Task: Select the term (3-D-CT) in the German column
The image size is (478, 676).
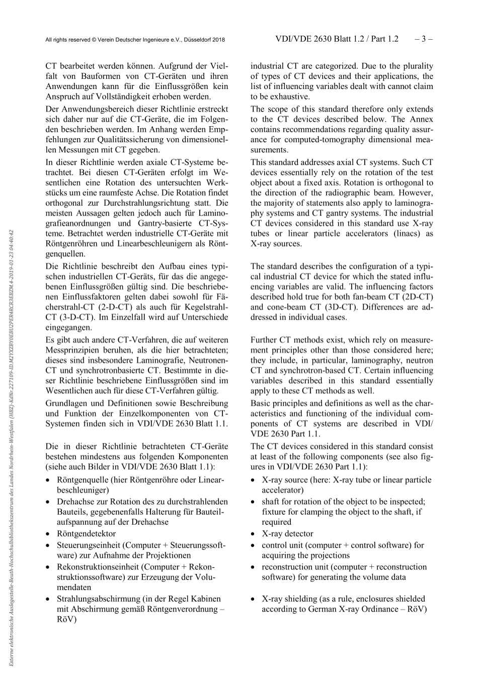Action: click(x=67, y=317)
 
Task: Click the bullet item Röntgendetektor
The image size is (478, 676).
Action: click(x=86, y=533)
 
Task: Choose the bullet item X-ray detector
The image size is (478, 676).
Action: click(x=287, y=533)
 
